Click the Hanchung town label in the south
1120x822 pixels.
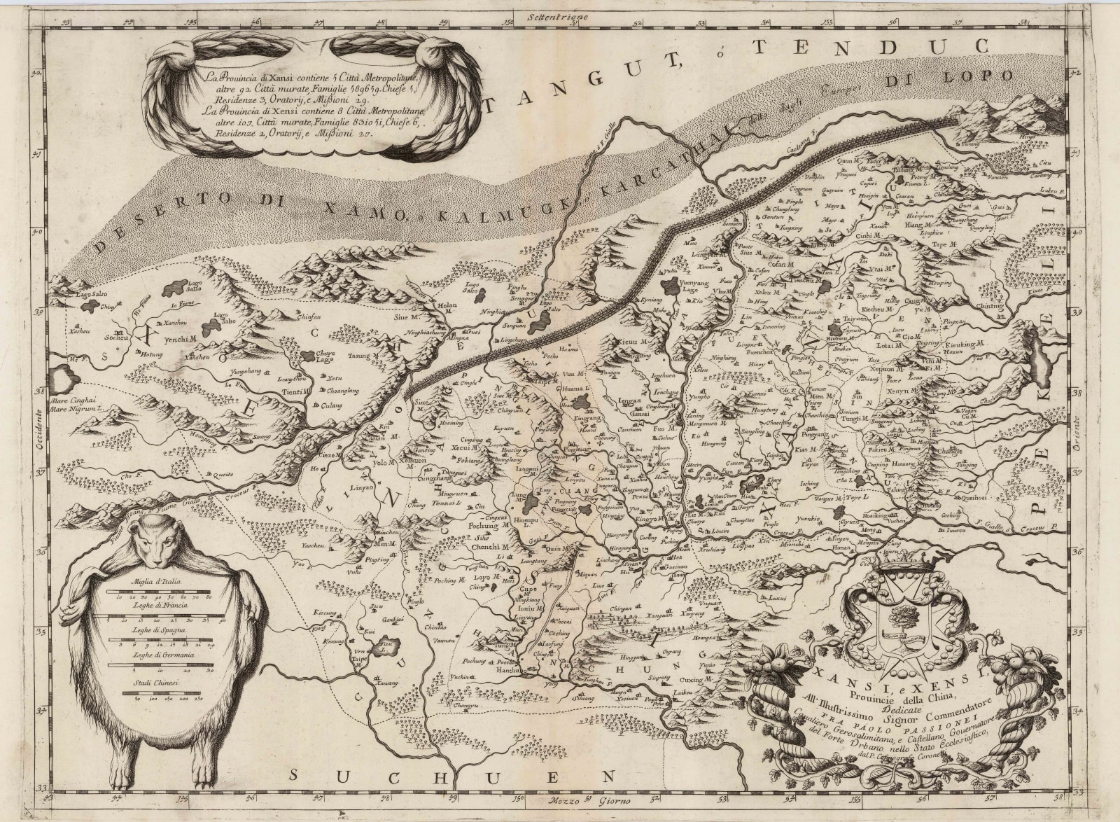[505, 670]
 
